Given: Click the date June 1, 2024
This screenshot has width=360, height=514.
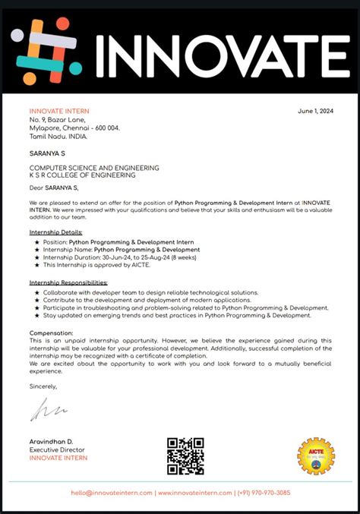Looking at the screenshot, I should pos(316,112).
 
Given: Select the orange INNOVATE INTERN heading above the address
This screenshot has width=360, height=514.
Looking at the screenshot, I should pos(58,112).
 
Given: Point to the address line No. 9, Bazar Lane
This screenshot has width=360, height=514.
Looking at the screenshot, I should pos(58,120).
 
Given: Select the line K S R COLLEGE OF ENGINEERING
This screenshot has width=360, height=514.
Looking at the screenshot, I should pos(82,175).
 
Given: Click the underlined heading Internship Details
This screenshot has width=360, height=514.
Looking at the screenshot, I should pos(56,232).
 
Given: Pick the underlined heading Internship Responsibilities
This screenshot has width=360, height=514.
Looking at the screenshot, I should pos(68,282).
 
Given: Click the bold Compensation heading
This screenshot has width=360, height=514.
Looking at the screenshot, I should pos(52,333).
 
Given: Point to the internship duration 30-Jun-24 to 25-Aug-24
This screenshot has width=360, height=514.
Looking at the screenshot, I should pos(141,257).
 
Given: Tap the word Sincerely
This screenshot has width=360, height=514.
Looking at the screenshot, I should pos(43,386).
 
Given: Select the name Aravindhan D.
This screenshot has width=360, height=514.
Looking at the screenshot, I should pos(52,442).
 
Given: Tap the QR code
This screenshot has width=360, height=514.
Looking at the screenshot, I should pos(185,456).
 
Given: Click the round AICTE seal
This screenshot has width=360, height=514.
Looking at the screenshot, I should pos(315,456).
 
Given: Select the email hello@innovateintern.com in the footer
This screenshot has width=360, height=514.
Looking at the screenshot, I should pos(112,493).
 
